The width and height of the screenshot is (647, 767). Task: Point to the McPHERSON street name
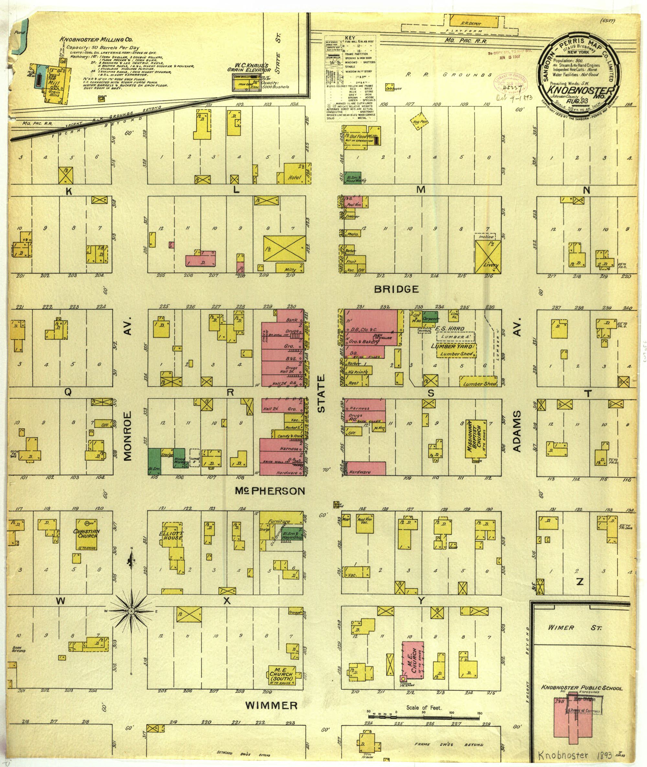pos(270,491)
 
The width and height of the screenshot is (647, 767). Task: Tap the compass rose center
pos(131,611)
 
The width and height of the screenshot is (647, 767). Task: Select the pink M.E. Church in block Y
pos(413,660)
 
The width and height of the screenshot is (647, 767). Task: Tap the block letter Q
pos(68,392)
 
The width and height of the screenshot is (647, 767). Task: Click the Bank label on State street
pos(291,320)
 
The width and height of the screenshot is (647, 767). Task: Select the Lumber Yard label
pos(453,346)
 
